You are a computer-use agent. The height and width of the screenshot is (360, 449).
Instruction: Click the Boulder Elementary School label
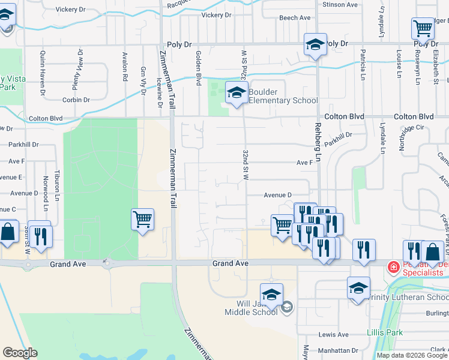pos(280,96)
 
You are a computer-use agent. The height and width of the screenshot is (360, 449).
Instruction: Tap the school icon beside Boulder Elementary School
pos(237,94)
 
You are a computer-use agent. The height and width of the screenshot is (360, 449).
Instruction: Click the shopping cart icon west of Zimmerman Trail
pos(142,219)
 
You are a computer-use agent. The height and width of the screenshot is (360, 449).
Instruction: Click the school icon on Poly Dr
pos(315,44)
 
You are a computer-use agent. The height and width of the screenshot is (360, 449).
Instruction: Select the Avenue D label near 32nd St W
pos(277,195)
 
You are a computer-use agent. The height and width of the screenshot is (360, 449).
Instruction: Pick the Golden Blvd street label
pos(197,67)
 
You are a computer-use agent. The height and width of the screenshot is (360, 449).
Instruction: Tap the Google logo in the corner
pos(20,353)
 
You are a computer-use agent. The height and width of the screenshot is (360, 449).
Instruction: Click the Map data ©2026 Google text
pos(411,355)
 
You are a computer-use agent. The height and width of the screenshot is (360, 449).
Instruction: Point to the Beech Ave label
pos(295,18)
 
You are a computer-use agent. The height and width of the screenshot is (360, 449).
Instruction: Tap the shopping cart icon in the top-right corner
pos(423,28)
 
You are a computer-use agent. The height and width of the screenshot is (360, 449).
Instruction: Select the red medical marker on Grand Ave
pos(393,266)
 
